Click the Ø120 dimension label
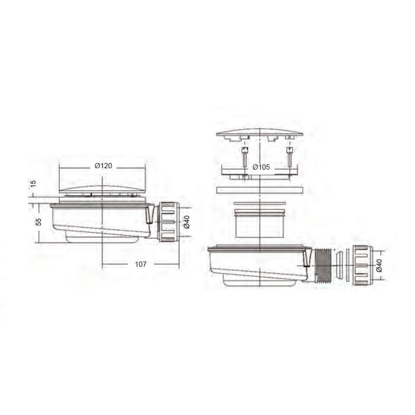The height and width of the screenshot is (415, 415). coord(103,166)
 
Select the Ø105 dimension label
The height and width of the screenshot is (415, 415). coord(261,167)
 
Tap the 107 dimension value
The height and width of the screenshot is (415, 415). coord(140,264)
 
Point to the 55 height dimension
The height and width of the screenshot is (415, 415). coord(38,222)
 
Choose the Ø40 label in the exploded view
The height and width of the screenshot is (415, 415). coord(379,266)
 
